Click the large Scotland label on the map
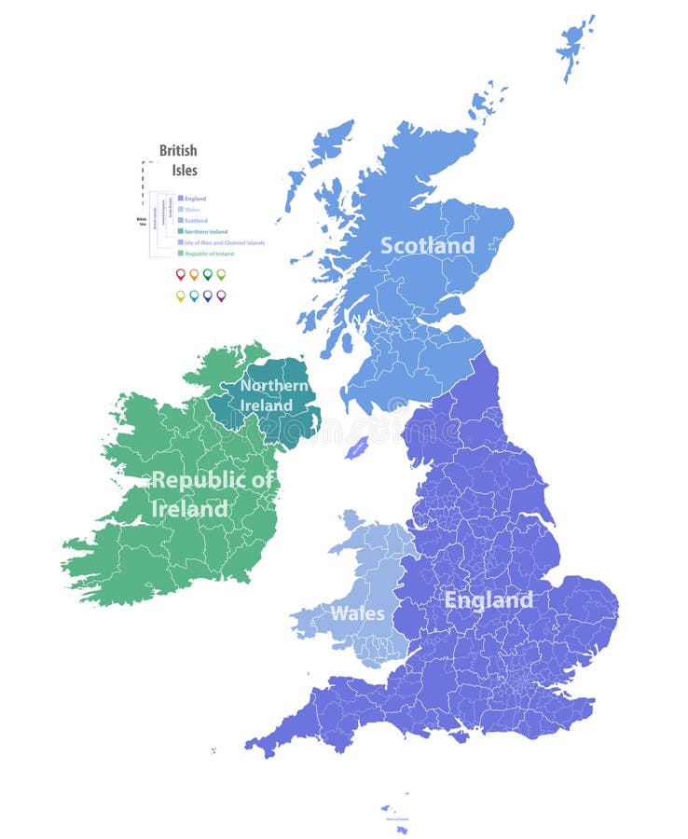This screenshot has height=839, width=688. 427,246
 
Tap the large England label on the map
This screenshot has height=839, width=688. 488,600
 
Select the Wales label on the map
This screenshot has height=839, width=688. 357,613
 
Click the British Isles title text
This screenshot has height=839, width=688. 178,159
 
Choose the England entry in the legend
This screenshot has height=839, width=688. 195,199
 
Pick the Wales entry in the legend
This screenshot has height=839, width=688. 192,210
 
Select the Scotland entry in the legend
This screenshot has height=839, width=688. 196,221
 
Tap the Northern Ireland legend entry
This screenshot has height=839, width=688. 205,231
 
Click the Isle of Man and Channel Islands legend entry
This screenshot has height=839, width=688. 224,242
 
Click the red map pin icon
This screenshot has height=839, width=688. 180,275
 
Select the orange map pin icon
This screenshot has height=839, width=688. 194,275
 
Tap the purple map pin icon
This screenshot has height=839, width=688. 221,296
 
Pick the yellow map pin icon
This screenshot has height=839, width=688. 180,296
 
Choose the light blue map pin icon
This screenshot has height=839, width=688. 194,296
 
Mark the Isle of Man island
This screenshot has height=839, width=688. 356,448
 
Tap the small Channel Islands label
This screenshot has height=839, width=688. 395,820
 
